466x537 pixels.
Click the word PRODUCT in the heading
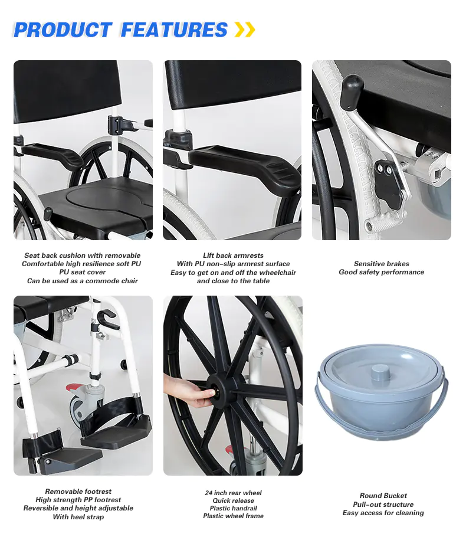tap(63, 30)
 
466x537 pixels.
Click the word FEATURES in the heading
tap(175, 30)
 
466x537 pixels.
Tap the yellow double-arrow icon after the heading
tap(245, 30)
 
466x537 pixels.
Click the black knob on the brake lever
tap(352, 87)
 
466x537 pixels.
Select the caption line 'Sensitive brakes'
tap(381, 264)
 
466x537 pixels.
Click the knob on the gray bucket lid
tap(380, 372)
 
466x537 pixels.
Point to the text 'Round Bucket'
tap(383, 496)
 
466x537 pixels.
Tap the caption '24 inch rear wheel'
tap(233, 493)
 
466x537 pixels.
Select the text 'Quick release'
tap(233, 500)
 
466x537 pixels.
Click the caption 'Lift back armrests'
tap(233, 256)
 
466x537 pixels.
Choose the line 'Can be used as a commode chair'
tap(83, 281)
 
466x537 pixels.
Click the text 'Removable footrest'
tap(78, 492)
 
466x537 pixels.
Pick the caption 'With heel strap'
tap(78, 517)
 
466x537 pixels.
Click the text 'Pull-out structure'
tap(383, 505)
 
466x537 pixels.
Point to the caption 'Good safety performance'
tap(381, 272)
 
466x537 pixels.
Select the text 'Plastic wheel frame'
tap(233, 516)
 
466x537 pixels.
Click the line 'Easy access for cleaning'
tap(383, 513)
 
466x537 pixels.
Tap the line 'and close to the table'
tap(233, 281)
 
